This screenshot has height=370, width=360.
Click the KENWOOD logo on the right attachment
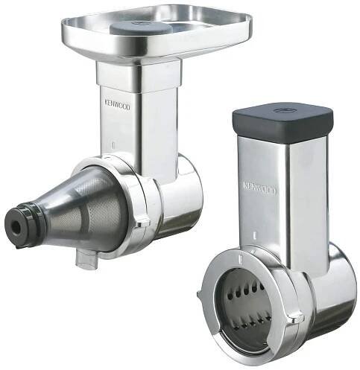[259, 188]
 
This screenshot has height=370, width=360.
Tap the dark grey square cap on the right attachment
[282, 122]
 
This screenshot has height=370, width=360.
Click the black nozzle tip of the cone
[16, 226]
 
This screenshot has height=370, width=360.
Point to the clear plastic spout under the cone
[86, 258]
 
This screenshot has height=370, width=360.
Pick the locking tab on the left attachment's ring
[143, 222]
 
